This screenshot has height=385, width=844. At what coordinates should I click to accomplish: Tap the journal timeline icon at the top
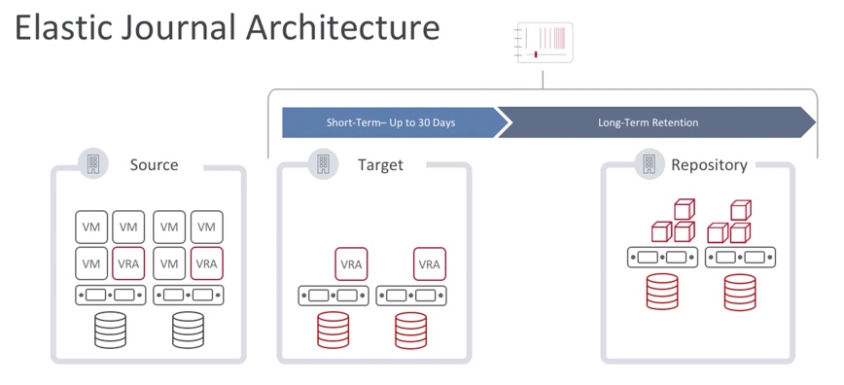point(544,43)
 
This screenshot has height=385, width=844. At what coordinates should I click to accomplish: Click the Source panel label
point(154,164)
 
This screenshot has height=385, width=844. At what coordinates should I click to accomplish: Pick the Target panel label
point(379,164)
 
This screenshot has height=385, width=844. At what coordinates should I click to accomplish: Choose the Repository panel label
point(709,164)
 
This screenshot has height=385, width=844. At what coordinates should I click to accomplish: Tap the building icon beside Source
point(93,163)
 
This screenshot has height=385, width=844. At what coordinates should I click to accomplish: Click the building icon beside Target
point(323,163)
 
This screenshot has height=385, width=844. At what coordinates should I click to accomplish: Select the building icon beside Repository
point(649,163)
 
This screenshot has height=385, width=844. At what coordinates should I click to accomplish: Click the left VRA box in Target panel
point(351,263)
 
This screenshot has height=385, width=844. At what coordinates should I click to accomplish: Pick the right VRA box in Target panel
point(429,263)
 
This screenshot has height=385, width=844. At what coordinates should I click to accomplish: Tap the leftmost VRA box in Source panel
point(128,263)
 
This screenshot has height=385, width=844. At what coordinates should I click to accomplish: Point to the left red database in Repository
point(662,291)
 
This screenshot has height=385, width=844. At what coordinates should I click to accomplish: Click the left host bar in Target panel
point(333,295)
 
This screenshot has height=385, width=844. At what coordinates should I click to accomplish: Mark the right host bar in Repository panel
point(740,258)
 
